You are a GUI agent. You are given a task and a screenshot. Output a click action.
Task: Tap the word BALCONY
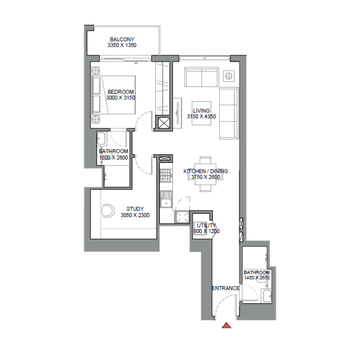122,40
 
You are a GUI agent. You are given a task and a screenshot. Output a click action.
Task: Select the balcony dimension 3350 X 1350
122,45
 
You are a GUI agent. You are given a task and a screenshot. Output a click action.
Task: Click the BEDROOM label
121,92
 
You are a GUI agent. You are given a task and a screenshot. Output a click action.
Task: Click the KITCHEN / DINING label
206,171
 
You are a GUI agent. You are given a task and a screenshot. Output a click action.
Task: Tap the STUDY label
135,209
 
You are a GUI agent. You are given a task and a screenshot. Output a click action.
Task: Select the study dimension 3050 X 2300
135,216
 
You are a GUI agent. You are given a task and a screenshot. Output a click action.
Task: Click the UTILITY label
207,225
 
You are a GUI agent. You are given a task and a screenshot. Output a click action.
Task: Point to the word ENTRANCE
225,288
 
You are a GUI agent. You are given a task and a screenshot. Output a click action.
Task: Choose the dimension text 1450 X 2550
256,278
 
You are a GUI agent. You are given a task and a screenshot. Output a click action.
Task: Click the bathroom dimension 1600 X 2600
113,157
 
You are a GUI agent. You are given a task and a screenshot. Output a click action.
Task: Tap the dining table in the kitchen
206,174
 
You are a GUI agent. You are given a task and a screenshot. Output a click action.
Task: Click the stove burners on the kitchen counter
166,175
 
